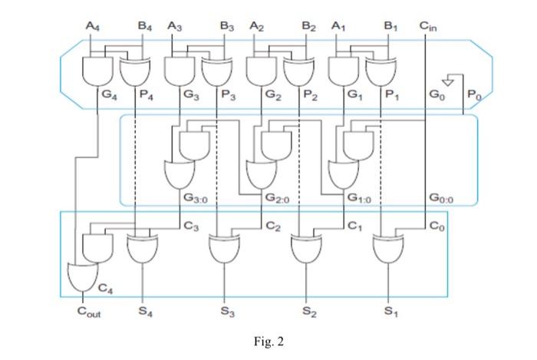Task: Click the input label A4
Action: point(92,26)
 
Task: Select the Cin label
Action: point(429,26)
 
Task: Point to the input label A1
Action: point(338,26)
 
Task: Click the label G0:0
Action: point(443,197)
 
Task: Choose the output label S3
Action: point(225,312)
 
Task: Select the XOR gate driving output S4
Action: point(140,248)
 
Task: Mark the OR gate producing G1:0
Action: point(342,173)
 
